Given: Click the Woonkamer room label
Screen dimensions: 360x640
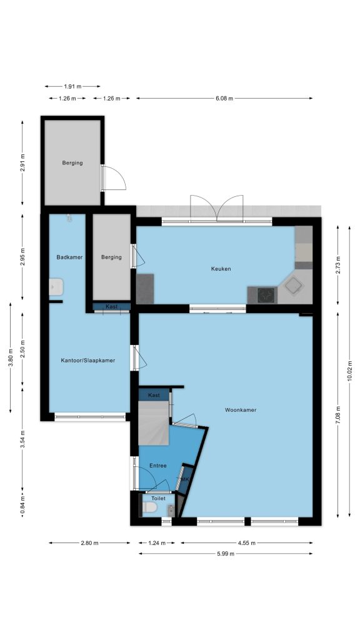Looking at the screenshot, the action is tap(241, 410).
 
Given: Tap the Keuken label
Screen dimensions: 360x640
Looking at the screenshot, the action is tap(221, 269).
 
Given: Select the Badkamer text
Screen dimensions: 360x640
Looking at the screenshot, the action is tap(69, 257).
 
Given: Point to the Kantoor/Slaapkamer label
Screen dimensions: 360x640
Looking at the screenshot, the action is tap(87, 361).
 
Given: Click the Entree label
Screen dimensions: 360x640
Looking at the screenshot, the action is tap(157, 465).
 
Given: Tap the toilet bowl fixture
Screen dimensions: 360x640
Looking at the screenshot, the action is tap(149, 507).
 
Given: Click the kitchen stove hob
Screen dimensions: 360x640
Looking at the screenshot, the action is tap(266, 295).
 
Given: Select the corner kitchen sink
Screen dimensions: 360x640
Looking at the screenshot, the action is tap(294, 285).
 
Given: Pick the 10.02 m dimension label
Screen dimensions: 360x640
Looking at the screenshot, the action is tap(349, 371).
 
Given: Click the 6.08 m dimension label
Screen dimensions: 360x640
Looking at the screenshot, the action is tap(224, 98).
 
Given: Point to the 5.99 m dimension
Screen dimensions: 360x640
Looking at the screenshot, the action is tap(226, 554).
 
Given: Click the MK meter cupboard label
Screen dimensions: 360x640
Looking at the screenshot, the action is tap(185, 479).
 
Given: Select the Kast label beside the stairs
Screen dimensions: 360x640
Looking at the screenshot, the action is tap(154, 395).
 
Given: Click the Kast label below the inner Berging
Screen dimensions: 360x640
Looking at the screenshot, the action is tap(111, 306).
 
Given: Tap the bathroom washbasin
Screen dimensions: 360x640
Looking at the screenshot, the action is tap(56, 286).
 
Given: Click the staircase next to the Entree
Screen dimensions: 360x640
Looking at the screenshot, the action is tap(154, 423).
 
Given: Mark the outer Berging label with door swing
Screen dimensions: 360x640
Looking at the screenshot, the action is tap(72, 163).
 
